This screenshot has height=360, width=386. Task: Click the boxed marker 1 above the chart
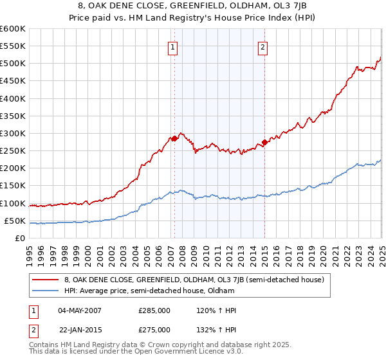point(174,46)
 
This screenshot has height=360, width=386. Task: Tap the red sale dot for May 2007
point(174,138)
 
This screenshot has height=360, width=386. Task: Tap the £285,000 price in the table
point(154,310)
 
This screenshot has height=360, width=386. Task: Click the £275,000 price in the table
point(154,330)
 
